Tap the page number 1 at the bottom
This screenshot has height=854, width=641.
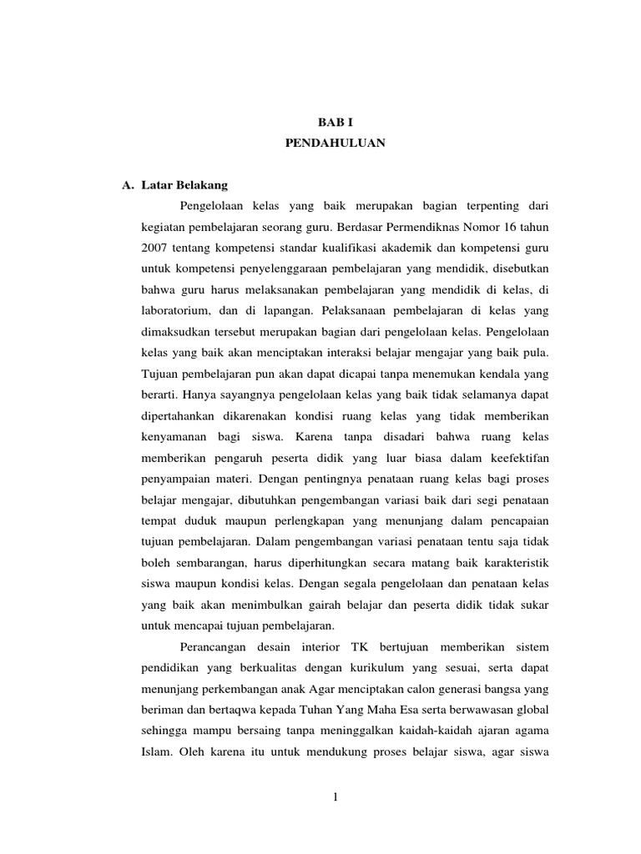click(x=335, y=798)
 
